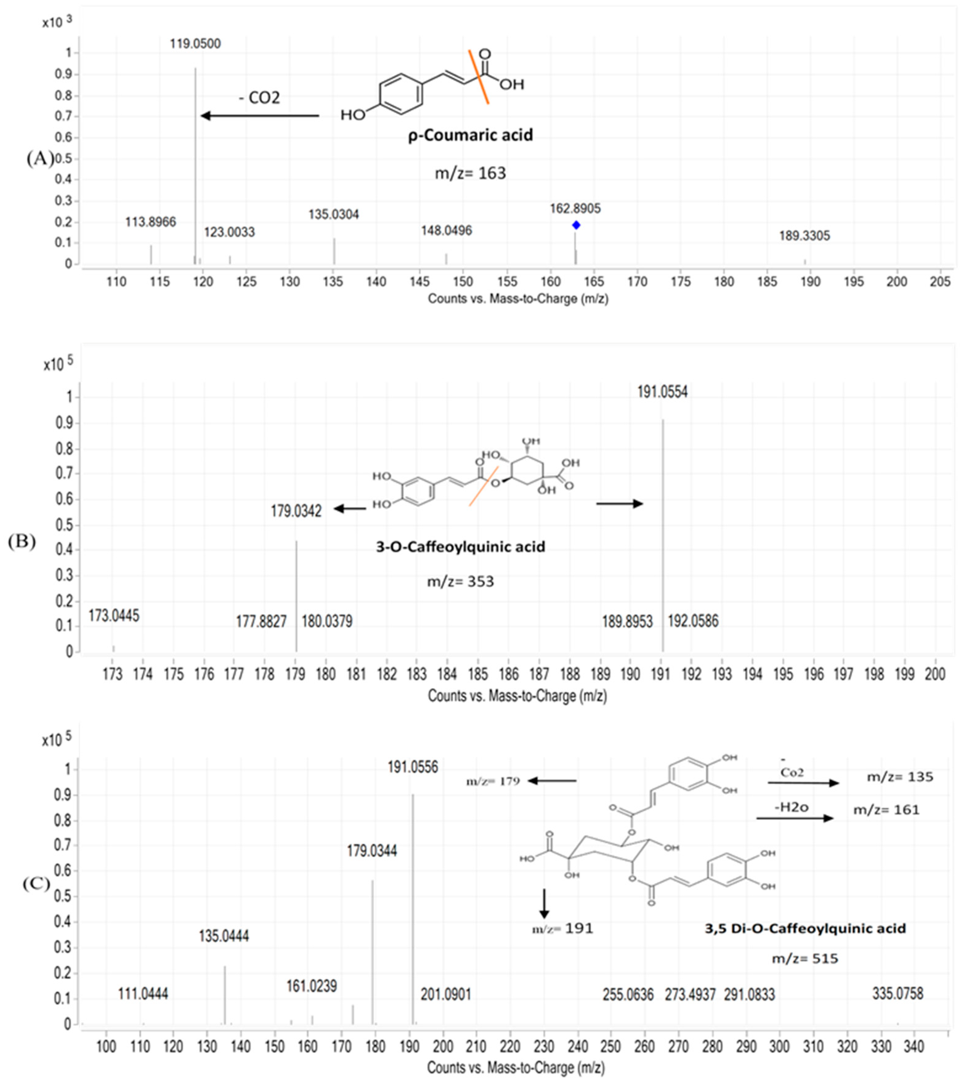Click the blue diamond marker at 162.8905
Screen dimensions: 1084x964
click(x=576, y=225)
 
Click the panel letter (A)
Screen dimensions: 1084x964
click(x=40, y=159)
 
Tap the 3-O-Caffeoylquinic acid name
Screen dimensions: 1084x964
click(x=460, y=547)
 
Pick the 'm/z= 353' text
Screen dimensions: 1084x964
click(x=460, y=582)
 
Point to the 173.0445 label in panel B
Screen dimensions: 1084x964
click(x=114, y=616)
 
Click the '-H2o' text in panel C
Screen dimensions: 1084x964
click(x=791, y=807)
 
